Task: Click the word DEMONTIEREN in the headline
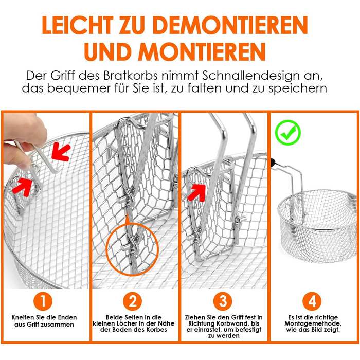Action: pos(230,25)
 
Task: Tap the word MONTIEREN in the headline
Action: pos(202,51)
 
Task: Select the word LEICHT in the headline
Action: pos(78,25)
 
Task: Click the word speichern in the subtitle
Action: pos(298,89)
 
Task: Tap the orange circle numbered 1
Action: pos(43,301)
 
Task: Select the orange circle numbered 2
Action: pos(133,301)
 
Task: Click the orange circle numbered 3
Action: pos(223,301)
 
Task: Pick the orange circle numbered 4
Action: pos(312,301)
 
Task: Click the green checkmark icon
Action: pos(288,133)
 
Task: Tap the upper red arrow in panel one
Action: pos(60,152)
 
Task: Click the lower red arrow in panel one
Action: pos(22,187)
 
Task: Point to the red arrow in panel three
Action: pos(197,192)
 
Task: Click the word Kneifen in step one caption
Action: pos(23,317)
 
